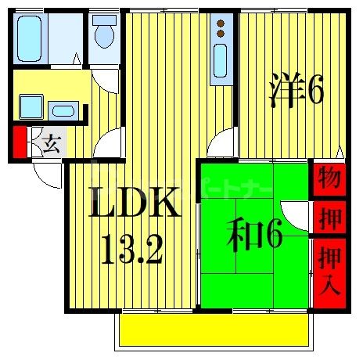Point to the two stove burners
pos(221,30)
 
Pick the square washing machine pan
pos(32,106)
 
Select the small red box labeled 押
pos(329,218)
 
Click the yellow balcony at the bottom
pos(215,329)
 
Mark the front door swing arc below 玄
pos(49,174)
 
